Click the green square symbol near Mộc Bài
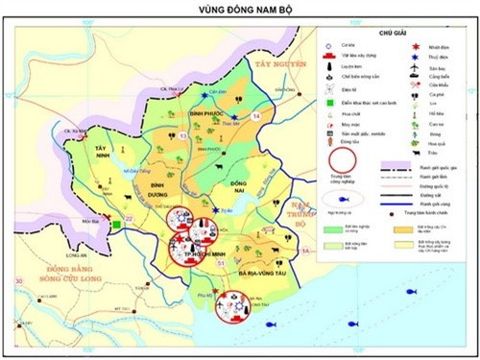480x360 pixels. tap(116, 225)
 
